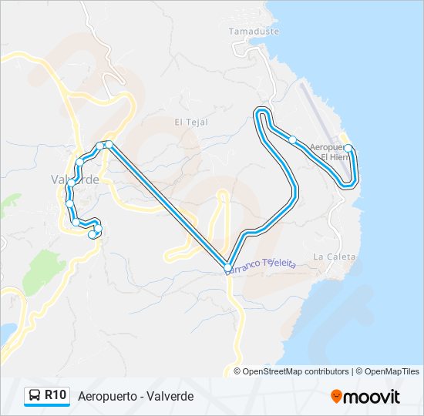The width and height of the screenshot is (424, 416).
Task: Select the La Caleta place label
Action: coord(335,257)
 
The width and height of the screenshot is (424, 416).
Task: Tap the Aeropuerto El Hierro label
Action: coord(329,151)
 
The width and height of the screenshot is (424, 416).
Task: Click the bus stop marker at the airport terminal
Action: coord(348,148)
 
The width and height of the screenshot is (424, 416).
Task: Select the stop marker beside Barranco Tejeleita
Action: coord(227,267)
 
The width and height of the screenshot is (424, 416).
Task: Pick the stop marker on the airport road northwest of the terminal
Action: coord(293,139)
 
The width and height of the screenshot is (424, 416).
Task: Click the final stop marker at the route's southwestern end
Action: coord(93,235)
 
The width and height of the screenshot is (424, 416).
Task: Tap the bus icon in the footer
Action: coord(35,396)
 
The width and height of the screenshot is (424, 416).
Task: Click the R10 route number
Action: coord(55,395)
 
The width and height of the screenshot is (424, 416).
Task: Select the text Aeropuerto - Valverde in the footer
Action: coord(136,396)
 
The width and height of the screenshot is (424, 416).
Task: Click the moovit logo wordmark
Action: coord(372,396)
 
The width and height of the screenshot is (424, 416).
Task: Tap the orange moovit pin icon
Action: coord(337,397)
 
